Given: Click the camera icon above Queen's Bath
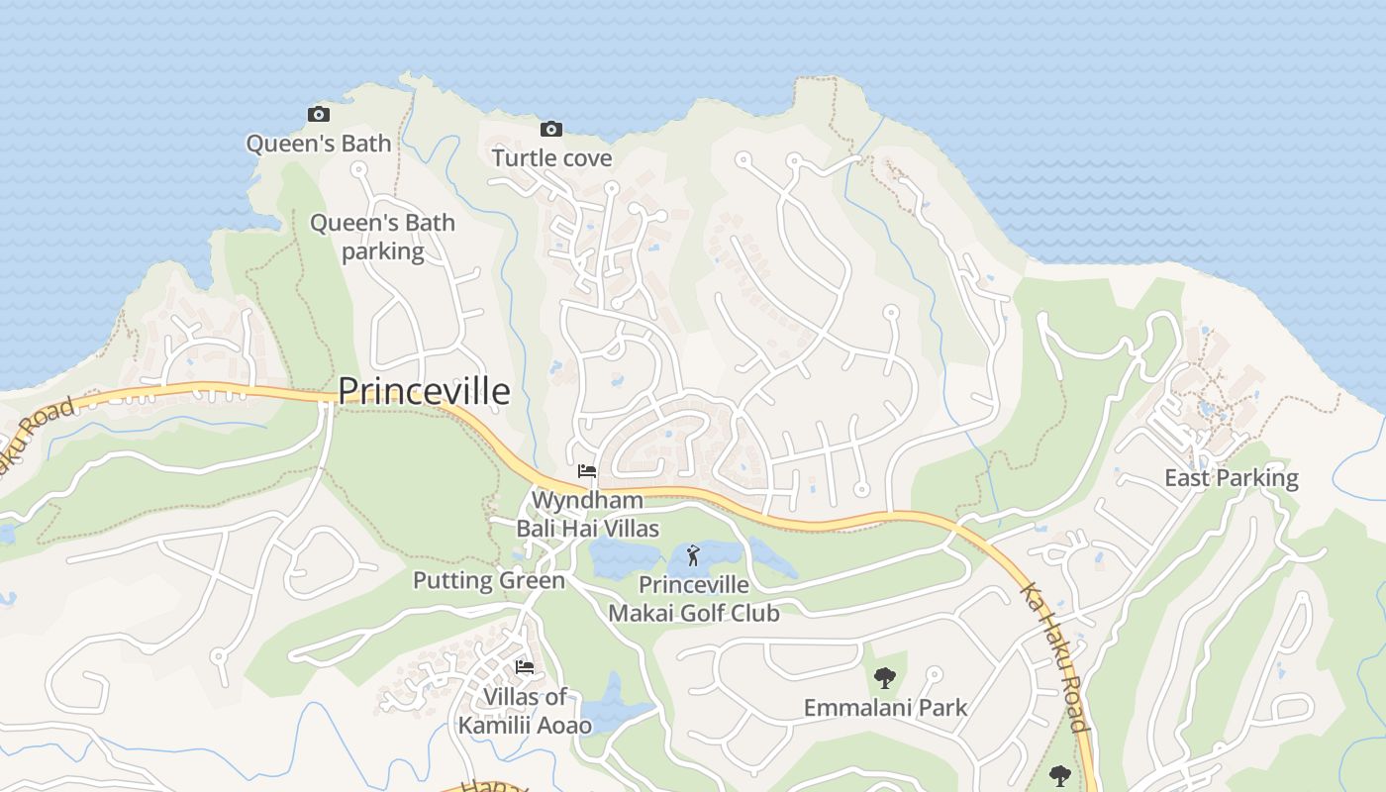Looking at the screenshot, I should pyautogui.click(x=318, y=115).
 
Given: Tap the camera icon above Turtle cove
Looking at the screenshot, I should pyautogui.click(x=551, y=130).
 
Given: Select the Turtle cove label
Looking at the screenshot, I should pyautogui.click(x=551, y=158).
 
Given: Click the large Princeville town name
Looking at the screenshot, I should pyautogui.click(x=424, y=391).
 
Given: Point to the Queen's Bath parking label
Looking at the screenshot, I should pyautogui.click(x=382, y=237).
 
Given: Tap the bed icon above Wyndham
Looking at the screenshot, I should pyautogui.click(x=587, y=471).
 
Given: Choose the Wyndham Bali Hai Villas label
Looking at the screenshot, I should pyautogui.click(x=587, y=514).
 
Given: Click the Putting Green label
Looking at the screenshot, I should pyautogui.click(x=488, y=580).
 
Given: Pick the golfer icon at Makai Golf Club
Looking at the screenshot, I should pyautogui.click(x=693, y=555).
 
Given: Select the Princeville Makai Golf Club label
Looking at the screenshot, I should pyautogui.click(x=693, y=599).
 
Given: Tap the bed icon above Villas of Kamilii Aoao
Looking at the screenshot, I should pyautogui.click(x=525, y=667).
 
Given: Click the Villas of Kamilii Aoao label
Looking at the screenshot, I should pyautogui.click(x=525, y=711).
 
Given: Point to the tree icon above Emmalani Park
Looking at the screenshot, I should pyautogui.click(x=885, y=678).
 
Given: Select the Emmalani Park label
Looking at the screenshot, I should pyautogui.click(x=885, y=708).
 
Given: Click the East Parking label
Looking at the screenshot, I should pyautogui.click(x=1231, y=478).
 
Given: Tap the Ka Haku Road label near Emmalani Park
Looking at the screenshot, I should pyautogui.click(x=1056, y=656).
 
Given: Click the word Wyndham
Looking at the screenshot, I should pyautogui.click(x=587, y=500).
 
